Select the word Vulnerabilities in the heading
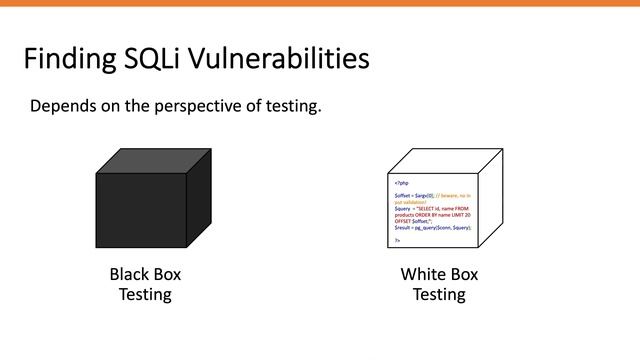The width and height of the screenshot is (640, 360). tap(285, 59)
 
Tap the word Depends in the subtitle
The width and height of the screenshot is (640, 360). tap(64, 106)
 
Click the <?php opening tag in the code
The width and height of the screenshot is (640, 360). tap(401, 183)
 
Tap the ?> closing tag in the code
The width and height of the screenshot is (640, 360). tap(397, 240)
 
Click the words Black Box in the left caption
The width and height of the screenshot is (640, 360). tap(145, 274)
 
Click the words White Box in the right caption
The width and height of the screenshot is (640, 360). tap(439, 274)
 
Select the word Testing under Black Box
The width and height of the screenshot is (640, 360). tap(145, 294)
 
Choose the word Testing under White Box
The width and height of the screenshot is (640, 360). tap(439, 294)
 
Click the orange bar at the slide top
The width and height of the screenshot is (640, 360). tap(320, 3)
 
